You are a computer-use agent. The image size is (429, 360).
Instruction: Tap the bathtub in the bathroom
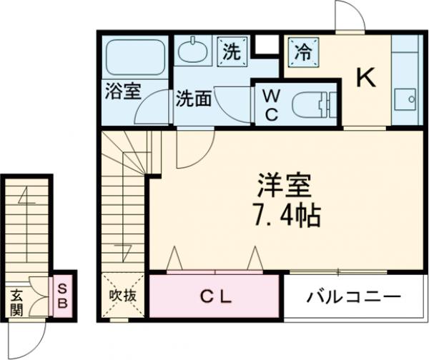click(x=136, y=55)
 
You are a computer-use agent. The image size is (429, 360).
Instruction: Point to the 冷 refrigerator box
click(x=303, y=51)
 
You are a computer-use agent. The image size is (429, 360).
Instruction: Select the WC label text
click(x=272, y=105)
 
